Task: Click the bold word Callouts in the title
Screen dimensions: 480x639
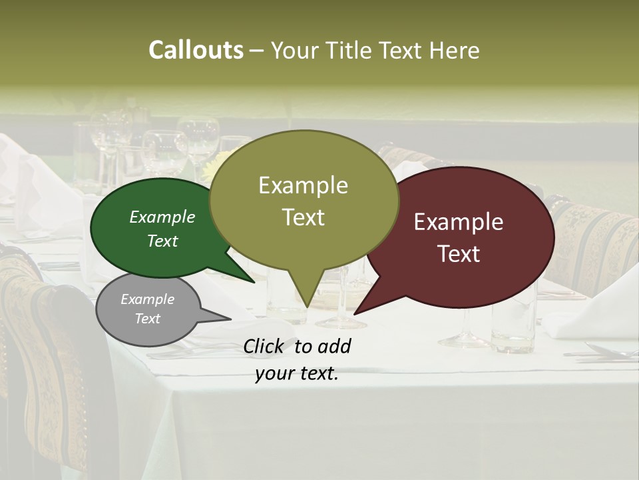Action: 196,50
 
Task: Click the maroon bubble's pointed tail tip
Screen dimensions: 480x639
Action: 355,313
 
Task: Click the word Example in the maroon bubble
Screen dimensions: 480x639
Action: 459,222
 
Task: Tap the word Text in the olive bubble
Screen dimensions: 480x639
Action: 304,217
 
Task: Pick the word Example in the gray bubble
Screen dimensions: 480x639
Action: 147,299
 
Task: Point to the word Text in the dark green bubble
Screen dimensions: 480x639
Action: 162,241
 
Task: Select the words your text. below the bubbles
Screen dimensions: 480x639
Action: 297,374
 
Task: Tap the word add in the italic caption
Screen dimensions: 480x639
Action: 334,346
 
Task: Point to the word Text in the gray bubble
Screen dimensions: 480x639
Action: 147,319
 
